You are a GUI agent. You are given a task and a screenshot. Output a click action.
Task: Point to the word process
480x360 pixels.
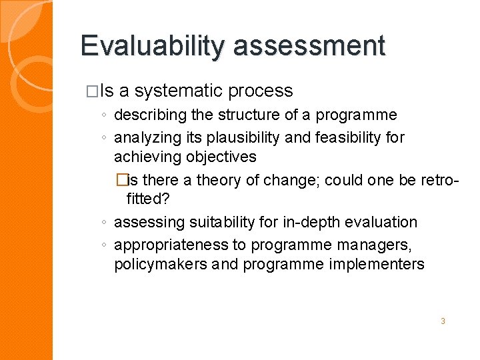click(x=261, y=91)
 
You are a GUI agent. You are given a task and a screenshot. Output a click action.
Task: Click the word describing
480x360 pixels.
click(x=147, y=115)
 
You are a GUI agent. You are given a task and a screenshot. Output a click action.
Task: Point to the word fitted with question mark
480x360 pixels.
click(x=148, y=199)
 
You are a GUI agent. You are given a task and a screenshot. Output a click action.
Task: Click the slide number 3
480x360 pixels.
click(x=442, y=321)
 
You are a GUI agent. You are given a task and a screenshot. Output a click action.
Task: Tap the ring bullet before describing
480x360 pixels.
click(x=105, y=115)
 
